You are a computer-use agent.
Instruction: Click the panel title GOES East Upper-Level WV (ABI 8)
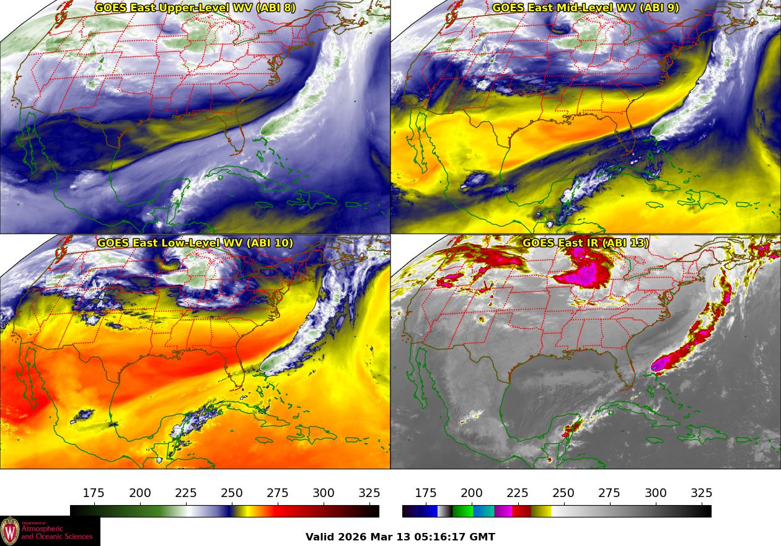(195, 8)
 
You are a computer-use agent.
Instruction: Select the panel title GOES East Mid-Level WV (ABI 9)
(585, 8)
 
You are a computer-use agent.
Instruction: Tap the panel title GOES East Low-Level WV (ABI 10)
(195, 243)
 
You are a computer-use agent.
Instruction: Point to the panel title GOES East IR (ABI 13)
(585, 243)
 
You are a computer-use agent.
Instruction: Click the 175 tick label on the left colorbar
(94, 493)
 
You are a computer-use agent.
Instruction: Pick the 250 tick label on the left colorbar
(232, 493)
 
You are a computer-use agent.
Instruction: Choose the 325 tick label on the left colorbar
(369, 493)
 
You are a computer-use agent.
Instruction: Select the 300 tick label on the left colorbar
(324, 493)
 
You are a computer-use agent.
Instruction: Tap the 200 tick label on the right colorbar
(472, 493)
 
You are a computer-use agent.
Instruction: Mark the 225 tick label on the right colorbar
(518, 493)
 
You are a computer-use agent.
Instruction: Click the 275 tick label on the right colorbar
(609, 493)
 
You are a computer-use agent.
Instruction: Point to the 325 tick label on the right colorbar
(701, 493)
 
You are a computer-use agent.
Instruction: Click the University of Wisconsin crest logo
(10, 531)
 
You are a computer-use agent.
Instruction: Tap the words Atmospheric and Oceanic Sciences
(56, 533)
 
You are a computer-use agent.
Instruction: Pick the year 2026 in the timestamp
(355, 537)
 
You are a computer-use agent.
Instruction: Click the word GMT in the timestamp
(483, 537)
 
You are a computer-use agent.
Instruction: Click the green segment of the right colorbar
(463, 511)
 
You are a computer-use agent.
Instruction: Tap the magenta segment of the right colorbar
(503, 511)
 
